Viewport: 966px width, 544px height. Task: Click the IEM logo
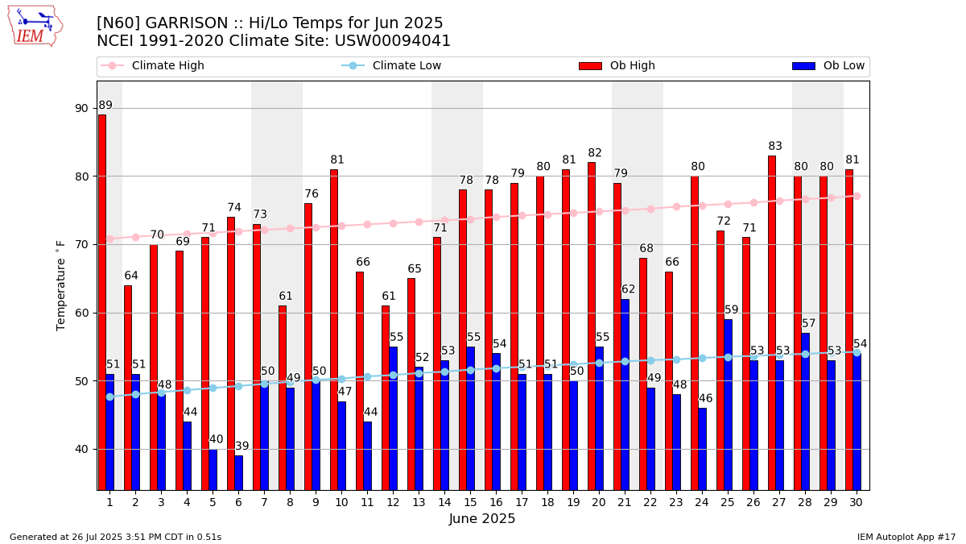tap(35, 26)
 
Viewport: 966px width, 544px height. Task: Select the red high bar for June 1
tap(102, 302)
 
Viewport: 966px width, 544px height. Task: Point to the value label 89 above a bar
tap(105, 106)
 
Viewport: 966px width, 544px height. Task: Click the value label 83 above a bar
tap(775, 147)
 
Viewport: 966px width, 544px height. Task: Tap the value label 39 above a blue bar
tap(242, 446)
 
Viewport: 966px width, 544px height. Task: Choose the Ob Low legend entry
tap(844, 66)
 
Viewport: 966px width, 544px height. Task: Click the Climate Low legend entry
tap(407, 66)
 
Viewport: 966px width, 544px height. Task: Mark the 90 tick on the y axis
tap(82, 108)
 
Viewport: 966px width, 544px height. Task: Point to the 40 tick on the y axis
tap(82, 449)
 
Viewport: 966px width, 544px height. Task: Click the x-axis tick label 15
tap(470, 502)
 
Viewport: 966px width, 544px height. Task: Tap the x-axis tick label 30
tap(857, 502)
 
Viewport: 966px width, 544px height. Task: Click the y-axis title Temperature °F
tap(61, 284)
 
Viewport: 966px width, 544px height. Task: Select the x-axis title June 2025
tap(482, 519)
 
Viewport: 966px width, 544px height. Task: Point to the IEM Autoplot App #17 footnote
tap(906, 537)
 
